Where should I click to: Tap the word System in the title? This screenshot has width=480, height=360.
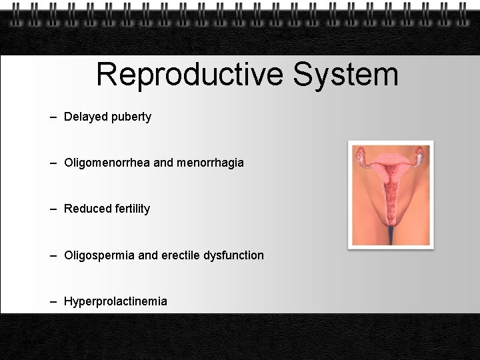(345, 75)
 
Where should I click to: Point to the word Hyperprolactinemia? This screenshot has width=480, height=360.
(115, 301)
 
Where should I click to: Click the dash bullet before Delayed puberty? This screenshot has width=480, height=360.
(53, 117)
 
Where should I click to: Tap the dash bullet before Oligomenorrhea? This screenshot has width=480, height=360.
(53, 163)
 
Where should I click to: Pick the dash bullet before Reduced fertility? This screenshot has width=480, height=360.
(53, 209)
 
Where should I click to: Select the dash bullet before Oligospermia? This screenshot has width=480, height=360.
(53, 255)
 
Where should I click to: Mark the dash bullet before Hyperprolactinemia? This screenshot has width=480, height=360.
(53, 301)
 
